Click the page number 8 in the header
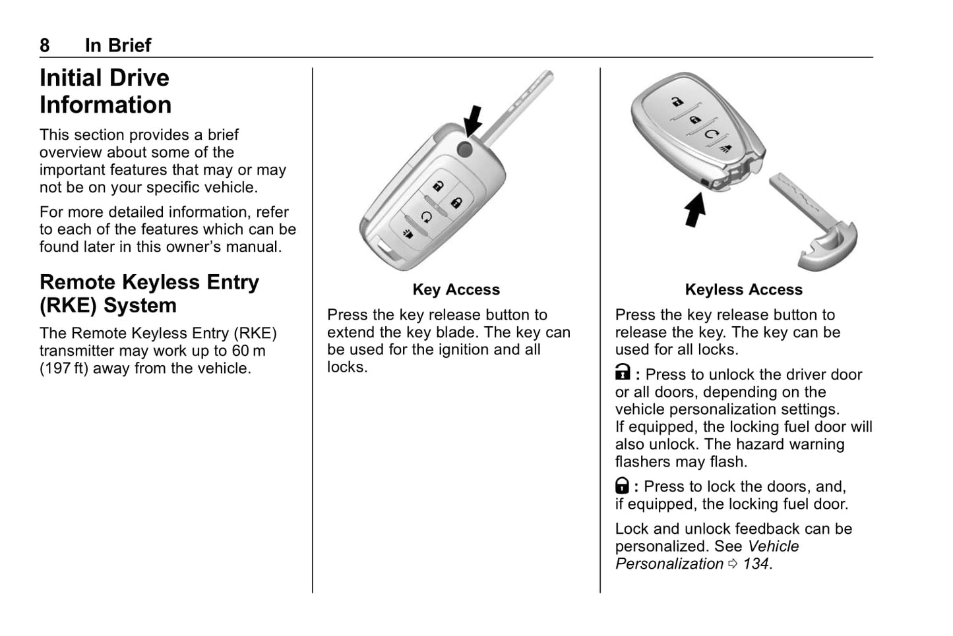tap(45, 45)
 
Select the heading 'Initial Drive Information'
tap(106, 91)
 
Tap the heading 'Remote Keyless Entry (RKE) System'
tap(149, 293)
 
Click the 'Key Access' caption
tap(456, 289)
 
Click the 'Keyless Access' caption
tap(743, 289)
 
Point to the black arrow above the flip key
tap(473, 121)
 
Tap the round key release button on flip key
tap(465, 149)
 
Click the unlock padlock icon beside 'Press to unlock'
tap(622, 373)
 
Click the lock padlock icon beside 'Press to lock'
tap(622, 486)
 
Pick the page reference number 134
tap(756, 564)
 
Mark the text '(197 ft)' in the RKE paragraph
tap(64, 368)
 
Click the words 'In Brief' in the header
tap(118, 45)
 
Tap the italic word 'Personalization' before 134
tap(669, 564)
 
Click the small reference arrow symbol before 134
tap(733, 564)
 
